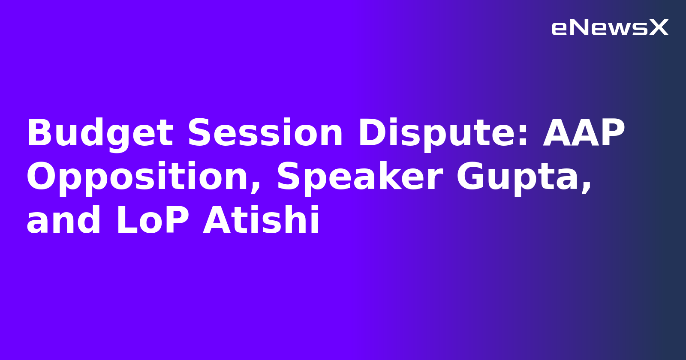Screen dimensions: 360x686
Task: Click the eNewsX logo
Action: coord(610,28)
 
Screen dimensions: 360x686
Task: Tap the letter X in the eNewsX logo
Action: coord(659,28)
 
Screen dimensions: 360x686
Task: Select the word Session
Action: coord(265,133)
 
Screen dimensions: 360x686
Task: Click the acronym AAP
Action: coord(584,133)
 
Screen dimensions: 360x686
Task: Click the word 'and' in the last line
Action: coord(64,220)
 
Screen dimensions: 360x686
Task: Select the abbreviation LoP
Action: coord(153,220)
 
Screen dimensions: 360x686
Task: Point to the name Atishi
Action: coord(261,220)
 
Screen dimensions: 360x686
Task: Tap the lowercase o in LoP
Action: coord(153,223)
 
